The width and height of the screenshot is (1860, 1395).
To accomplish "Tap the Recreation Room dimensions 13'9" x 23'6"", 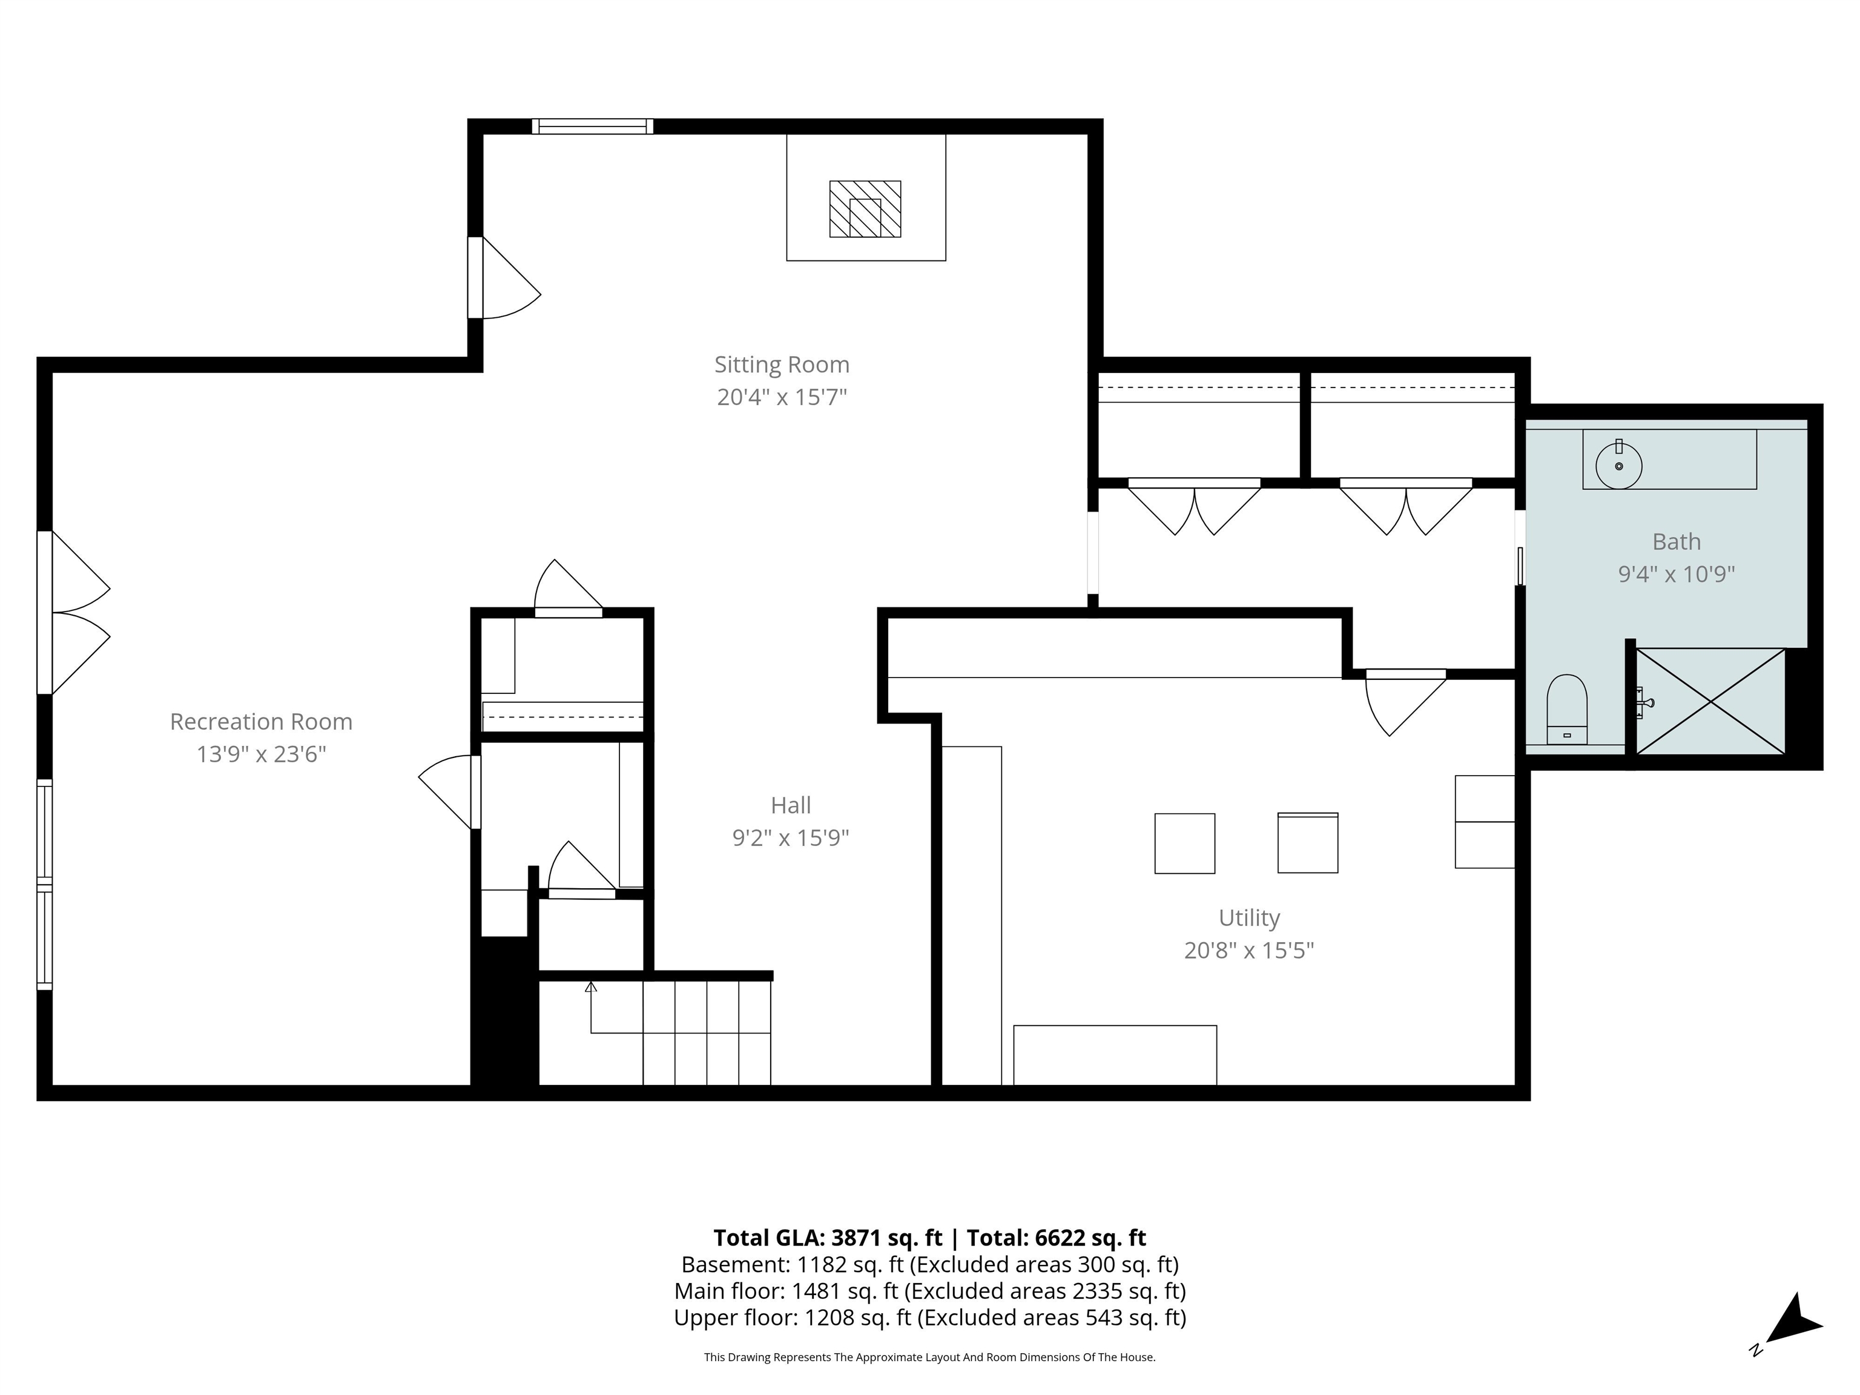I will (261, 754).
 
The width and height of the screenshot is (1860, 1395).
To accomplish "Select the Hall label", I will (790, 805).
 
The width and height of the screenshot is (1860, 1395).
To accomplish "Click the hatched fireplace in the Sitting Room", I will (865, 208).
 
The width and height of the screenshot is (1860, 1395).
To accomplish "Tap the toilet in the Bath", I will (1566, 709).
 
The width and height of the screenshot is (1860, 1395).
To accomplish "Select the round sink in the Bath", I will (1618, 465).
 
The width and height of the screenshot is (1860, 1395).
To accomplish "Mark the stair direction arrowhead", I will (591, 987).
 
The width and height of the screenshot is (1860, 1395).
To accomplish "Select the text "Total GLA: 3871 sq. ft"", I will (828, 1238).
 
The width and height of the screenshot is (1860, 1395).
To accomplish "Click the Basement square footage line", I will (929, 1265).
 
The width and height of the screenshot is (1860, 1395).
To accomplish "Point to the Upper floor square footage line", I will (929, 1317).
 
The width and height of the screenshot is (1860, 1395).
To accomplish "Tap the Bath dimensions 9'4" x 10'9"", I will (1676, 575).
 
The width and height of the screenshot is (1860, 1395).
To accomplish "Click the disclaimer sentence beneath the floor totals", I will (929, 1357).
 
